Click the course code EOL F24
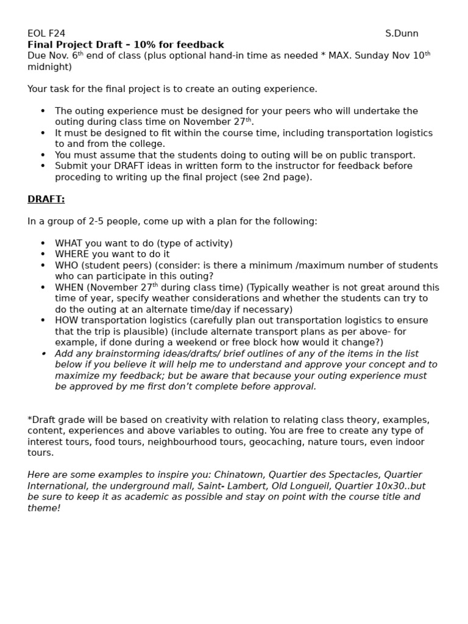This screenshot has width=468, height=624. pyautogui.click(x=46, y=34)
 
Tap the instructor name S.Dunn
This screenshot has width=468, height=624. pyautogui.click(x=402, y=34)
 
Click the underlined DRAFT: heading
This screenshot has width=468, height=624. pyautogui.click(x=46, y=199)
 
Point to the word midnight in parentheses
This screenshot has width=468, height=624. pyautogui.click(x=49, y=67)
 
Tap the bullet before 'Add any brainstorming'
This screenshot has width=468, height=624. pyautogui.click(x=43, y=353)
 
